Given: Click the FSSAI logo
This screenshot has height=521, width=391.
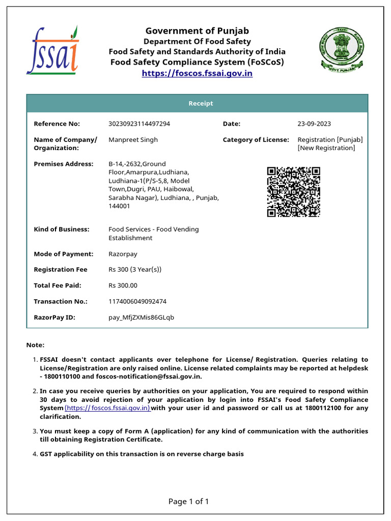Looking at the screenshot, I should click(x=52, y=51).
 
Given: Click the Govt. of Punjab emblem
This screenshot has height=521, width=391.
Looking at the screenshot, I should click(x=341, y=49).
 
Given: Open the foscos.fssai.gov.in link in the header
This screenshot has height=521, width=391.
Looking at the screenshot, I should click(x=197, y=73).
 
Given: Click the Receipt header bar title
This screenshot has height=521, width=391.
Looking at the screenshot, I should click(x=201, y=103).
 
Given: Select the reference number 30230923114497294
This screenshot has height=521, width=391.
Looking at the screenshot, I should click(x=139, y=124).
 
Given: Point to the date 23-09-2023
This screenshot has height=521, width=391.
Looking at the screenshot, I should click(x=314, y=124).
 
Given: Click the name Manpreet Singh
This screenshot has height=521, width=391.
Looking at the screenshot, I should click(x=133, y=139).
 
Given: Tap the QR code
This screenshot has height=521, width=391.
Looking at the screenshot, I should click(x=294, y=192).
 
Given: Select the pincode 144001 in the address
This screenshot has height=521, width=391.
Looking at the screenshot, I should click(x=119, y=206).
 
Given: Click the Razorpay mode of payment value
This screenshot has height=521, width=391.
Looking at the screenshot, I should click(x=123, y=254).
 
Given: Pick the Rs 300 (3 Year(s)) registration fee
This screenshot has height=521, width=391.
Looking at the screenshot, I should click(x=135, y=270).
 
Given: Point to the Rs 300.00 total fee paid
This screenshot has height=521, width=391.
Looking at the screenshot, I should click(x=123, y=285).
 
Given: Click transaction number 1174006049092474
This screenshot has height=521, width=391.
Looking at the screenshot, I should click(x=137, y=301).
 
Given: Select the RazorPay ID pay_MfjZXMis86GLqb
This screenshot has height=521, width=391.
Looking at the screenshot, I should click(x=141, y=317).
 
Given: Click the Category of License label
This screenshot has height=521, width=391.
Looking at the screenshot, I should click(x=256, y=139).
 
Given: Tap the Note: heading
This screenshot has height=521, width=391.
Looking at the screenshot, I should click(x=35, y=345).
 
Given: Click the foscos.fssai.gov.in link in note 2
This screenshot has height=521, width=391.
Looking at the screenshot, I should click(x=107, y=408).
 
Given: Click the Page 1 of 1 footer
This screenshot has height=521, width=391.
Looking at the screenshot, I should click(x=188, y=502).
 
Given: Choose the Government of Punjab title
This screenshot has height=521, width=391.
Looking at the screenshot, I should click(x=197, y=31).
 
